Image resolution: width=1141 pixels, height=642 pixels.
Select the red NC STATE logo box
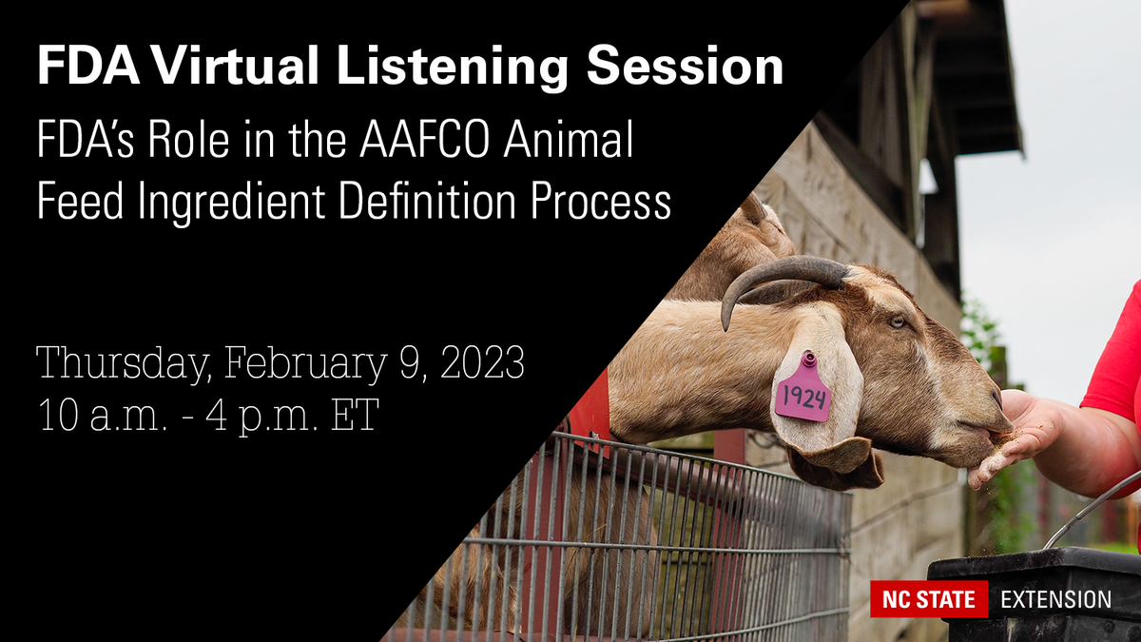929,599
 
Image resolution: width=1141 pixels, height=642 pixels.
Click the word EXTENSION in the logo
1055,599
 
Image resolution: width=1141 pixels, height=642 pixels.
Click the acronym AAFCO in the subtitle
417,143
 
